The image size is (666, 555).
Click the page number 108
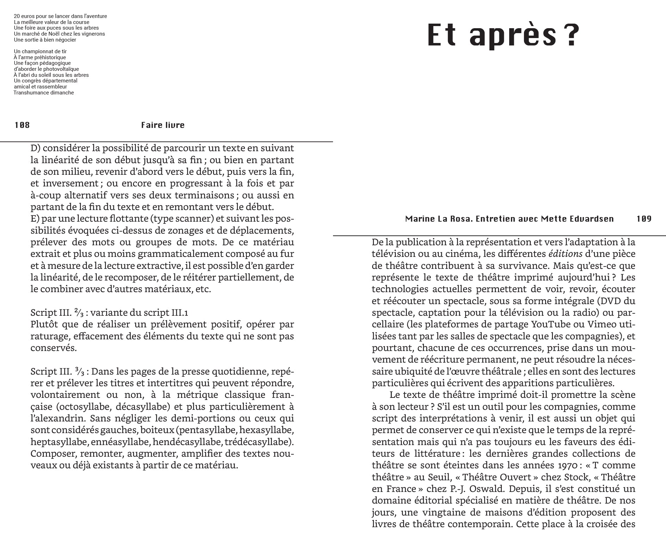tap(22, 125)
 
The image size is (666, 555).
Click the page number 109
tap(644, 219)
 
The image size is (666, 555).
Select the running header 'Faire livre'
tap(163, 125)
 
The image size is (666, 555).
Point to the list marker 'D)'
tap(35, 148)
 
